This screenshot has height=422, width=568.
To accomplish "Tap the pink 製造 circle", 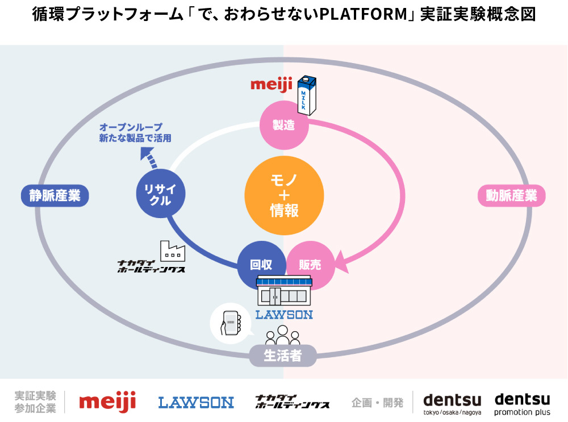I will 284,125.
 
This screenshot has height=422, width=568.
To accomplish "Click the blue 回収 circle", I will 261,265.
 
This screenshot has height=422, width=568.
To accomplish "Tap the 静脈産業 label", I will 55,196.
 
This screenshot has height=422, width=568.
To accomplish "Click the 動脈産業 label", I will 511,196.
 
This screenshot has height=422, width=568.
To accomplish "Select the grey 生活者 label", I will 282,357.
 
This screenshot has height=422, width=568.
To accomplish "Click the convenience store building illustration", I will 284,291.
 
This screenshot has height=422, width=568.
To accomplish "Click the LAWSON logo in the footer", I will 196,403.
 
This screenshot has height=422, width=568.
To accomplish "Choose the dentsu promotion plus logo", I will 522,404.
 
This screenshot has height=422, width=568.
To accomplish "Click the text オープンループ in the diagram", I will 131,127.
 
